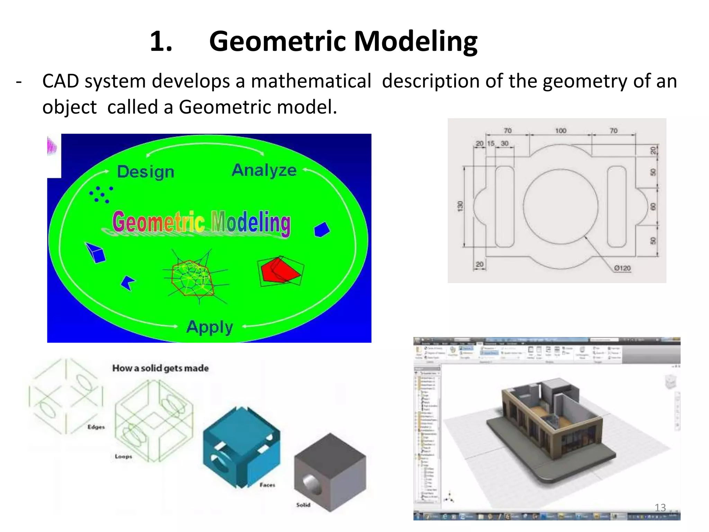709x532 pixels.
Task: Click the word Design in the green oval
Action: point(145,172)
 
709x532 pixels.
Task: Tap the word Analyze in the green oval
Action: point(264,170)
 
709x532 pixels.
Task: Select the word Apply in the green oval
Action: point(209,327)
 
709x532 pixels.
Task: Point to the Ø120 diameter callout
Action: point(622,268)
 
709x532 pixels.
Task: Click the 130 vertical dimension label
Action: point(460,206)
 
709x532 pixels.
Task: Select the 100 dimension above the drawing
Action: point(560,131)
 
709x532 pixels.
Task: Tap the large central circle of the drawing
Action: point(560,206)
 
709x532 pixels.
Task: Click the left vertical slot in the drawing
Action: point(504,206)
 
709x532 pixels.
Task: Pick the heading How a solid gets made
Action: point(160,368)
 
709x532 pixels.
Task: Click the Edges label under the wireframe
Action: point(96,427)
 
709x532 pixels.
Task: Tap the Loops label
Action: point(124,456)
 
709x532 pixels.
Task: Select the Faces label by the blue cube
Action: point(267,485)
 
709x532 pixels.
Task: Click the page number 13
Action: point(660,508)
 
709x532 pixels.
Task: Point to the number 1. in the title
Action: point(161,42)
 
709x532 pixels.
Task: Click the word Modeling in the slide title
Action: point(415,42)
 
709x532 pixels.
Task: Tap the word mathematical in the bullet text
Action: point(311,81)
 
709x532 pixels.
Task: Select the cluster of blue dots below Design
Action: point(101,194)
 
